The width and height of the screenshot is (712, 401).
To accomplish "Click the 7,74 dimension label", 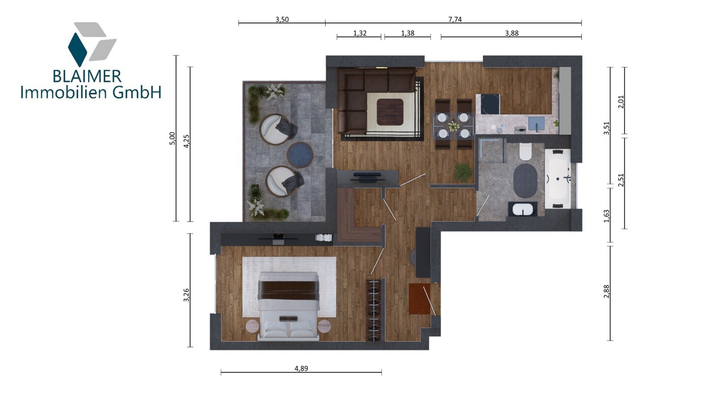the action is tap(455, 19).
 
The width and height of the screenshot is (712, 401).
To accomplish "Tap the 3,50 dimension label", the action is tap(282, 19).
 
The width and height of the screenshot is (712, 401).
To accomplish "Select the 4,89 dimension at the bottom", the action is tap(301, 368).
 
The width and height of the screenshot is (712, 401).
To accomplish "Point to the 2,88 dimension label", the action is tap(606, 291).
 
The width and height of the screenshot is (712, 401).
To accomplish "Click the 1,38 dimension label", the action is tap(408, 33).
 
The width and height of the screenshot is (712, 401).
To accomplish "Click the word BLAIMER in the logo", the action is tap(87, 76).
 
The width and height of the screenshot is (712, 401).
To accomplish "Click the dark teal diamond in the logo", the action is tap(77, 49).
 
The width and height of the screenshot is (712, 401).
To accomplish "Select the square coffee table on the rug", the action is tap(390, 111).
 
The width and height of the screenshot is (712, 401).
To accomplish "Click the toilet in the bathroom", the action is tap(525, 151).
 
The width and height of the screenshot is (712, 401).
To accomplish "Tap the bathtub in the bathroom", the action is tap(558, 179).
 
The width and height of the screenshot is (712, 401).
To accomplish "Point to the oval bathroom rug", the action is tap(525, 181).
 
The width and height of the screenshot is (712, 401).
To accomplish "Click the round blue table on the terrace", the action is tap(300, 155).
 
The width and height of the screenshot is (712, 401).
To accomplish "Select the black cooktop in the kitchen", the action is tap(490, 104).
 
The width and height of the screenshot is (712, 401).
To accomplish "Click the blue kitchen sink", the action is tap(537, 124).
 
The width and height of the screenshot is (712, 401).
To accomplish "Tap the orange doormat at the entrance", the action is tap(419, 299).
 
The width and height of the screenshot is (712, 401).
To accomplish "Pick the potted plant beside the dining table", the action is tap(463, 173).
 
